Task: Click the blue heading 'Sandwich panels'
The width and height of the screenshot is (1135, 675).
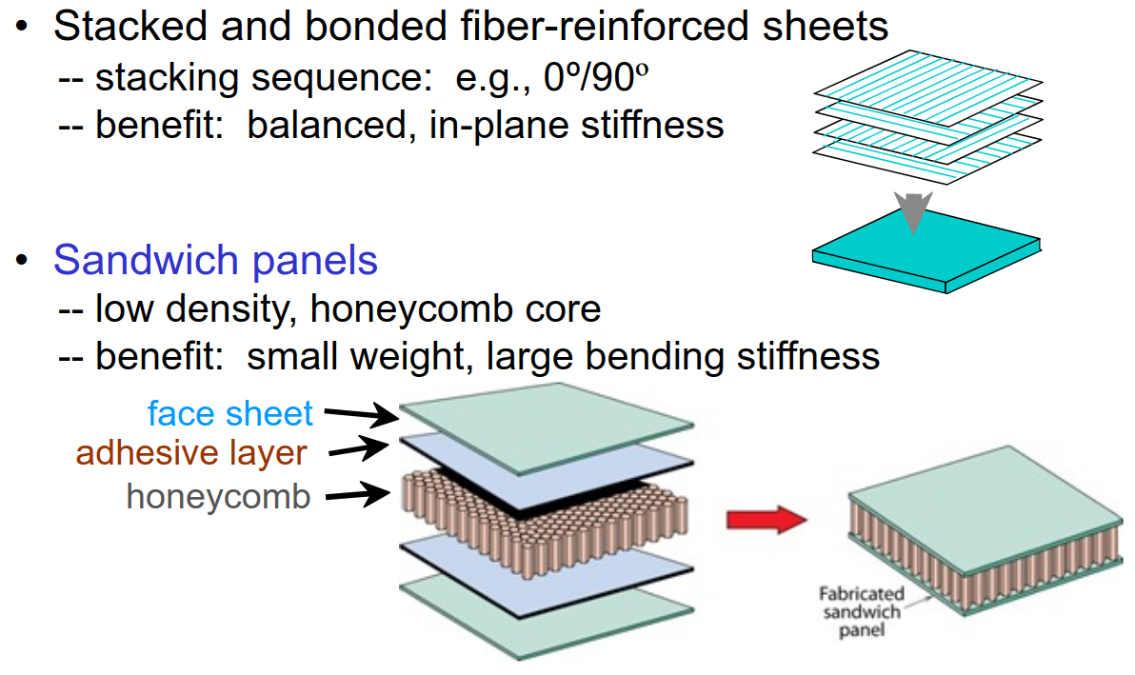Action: click(215, 260)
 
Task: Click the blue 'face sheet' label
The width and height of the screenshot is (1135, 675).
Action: click(230, 413)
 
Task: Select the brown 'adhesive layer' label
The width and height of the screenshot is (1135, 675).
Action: click(191, 453)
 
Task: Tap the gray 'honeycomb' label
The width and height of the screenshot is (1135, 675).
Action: click(218, 496)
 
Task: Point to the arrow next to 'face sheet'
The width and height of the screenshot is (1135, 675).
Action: click(361, 414)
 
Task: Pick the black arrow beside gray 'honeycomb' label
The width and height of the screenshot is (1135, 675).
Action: click(361, 493)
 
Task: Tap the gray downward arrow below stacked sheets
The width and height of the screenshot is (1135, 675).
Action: click(912, 212)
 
